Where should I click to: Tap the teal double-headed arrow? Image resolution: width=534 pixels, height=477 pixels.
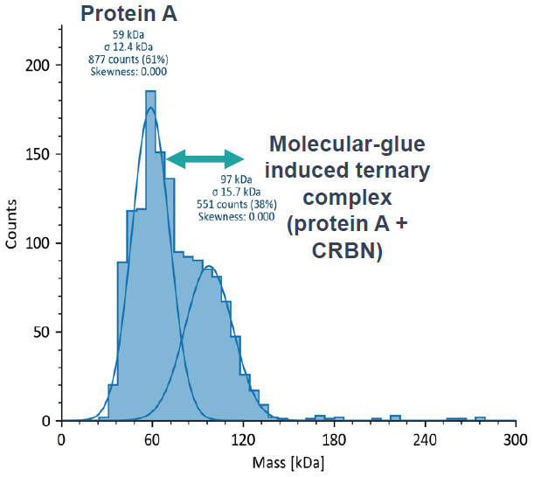click(x=206, y=158)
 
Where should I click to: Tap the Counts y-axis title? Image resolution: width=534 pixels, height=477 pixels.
click(x=12, y=224)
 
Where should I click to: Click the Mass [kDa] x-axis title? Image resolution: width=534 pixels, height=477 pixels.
click(x=288, y=461)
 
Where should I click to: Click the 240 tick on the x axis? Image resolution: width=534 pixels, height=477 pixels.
click(x=425, y=440)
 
